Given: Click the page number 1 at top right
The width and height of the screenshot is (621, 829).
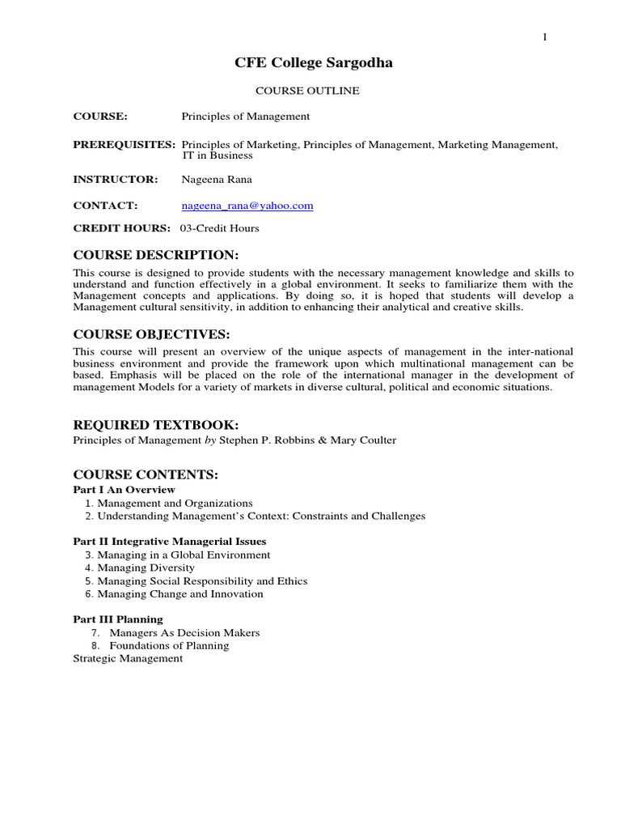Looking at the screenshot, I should (545, 37).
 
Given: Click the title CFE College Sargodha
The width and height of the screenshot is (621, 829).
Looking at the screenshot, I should (314, 63).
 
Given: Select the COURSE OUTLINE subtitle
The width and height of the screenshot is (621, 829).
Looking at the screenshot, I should (307, 91).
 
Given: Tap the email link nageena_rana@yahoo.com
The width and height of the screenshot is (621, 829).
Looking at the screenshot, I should (247, 206).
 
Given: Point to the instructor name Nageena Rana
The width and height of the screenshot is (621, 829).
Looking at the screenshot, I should (217, 179).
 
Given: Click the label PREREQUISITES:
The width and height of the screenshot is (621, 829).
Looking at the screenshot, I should (125, 144).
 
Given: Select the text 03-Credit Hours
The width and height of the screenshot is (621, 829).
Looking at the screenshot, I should (219, 228).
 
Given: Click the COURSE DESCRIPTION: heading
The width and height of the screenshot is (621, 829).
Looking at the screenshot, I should (156, 255).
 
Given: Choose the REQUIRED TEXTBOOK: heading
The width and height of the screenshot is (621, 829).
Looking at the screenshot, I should (156, 425).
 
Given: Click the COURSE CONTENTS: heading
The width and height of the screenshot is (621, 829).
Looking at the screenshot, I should (146, 474).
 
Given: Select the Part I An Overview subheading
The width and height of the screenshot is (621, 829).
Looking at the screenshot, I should (125, 490).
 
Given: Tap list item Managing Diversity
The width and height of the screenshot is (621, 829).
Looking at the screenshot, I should (146, 568).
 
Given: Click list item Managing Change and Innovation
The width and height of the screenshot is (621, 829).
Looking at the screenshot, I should (180, 593).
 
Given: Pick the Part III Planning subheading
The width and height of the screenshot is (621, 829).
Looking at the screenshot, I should (118, 619).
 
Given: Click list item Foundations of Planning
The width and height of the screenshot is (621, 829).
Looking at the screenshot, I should (169, 645).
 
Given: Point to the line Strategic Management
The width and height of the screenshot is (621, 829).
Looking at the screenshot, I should (128, 658).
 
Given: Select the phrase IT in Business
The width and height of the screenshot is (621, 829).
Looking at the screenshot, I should (218, 155).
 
